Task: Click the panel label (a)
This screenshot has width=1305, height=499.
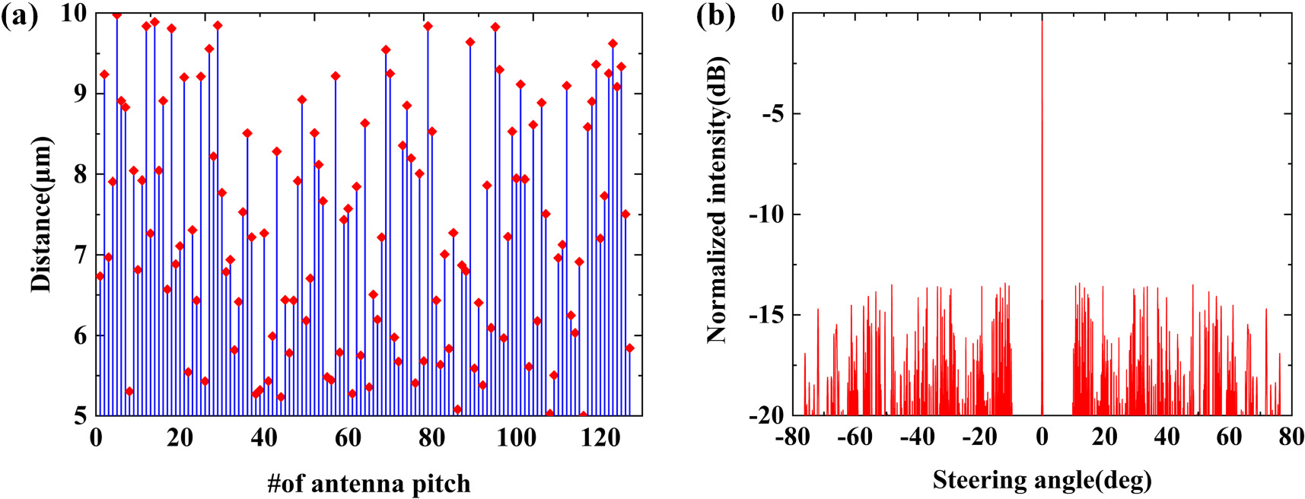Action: click(20, 16)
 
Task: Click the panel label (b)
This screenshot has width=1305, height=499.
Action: click(716, 16)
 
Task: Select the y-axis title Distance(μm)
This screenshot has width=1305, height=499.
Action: click(41, 215)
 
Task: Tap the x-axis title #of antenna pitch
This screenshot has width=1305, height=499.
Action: click(368, 483)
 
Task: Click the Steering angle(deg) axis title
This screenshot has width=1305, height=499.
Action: click(1042, 480)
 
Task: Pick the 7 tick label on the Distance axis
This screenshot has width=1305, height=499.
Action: click(80, 255)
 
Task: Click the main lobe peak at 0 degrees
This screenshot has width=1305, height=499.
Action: click(1042, 17)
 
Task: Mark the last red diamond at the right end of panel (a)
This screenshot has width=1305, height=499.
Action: click(629, 348)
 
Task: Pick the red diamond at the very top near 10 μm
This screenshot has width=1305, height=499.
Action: click(116, 14)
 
